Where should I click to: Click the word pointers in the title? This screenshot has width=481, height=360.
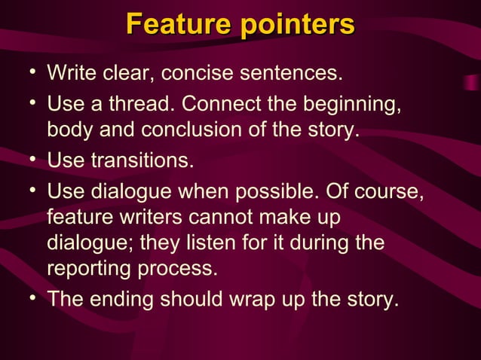tap(298, 24)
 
